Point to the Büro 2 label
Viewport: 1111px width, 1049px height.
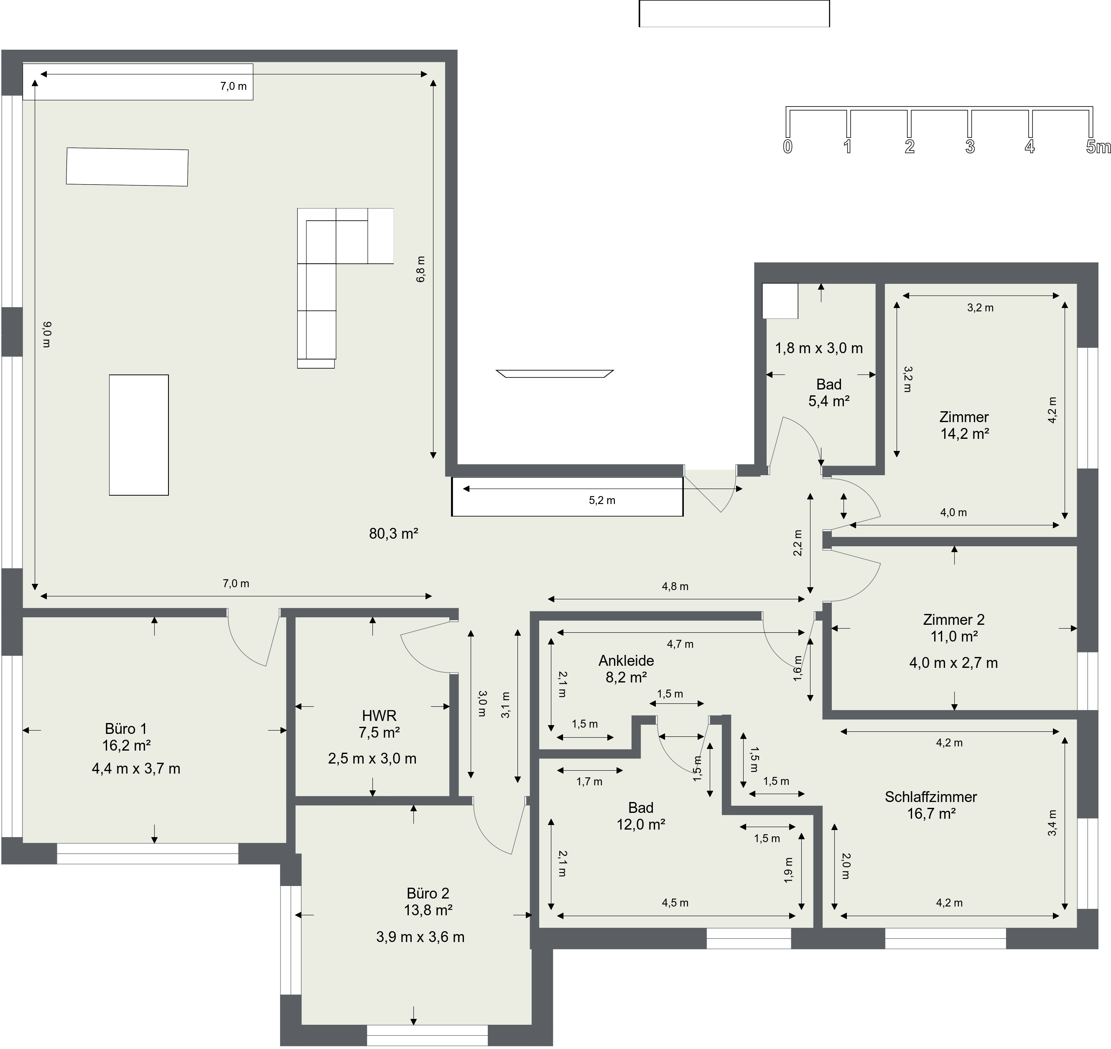(428, 894)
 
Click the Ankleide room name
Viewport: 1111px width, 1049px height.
(626, 660)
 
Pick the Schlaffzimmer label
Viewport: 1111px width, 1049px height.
(931, 797)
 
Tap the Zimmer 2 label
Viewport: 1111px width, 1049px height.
(954, 619)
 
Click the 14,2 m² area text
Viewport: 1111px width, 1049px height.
(965, 433)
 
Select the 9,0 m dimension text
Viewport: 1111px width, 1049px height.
(47, 334)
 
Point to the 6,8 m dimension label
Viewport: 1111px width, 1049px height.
(420, 269)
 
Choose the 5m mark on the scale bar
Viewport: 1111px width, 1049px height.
(1098, 147)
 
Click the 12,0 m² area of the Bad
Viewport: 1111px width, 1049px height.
(641, 824)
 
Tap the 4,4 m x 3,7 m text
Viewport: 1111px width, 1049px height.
(136, 769)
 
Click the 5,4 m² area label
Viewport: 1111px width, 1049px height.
(829, 401)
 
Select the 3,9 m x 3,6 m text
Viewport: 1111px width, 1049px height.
(420, 937)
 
